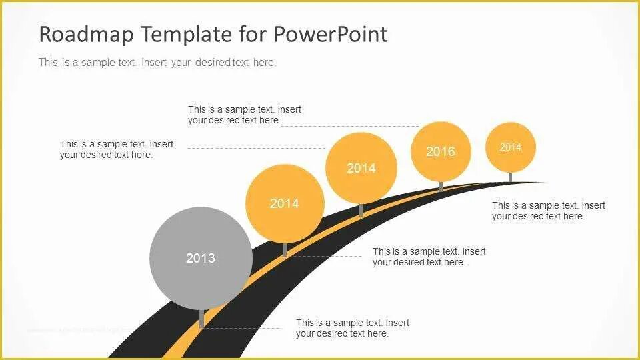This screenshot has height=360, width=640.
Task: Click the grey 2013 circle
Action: (201, 258)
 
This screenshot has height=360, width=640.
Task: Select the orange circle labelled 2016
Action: (441, 151)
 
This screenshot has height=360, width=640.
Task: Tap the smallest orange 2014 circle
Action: (510, 147)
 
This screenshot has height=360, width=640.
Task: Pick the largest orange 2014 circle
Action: (285, 203)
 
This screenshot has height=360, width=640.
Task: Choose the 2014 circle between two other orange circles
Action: (361, 168)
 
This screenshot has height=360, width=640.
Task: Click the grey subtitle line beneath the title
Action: (157, 63)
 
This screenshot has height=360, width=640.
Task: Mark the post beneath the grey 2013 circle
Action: (201, 319)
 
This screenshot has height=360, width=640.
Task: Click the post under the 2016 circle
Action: (441, 186)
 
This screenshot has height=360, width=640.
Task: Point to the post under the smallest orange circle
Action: (510, 177)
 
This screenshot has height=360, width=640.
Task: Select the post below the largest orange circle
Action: (285, 249)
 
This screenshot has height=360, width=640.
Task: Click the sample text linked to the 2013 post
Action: (353, 328)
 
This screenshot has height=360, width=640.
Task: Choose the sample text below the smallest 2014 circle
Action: (548, 211)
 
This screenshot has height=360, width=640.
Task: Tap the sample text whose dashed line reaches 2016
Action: (244, 115)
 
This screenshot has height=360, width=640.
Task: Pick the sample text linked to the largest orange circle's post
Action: (429, 257)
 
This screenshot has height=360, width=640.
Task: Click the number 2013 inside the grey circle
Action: (201, 258)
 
